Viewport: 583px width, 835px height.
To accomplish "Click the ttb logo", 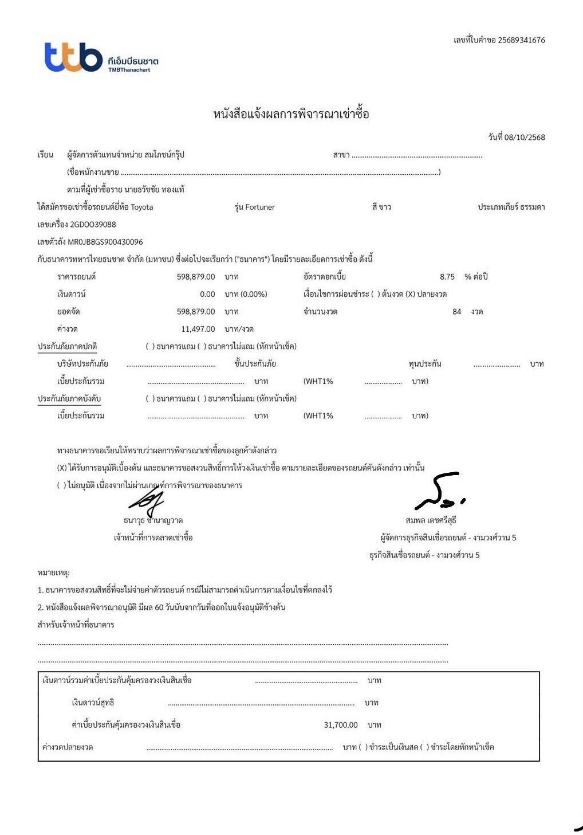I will pos(74,58).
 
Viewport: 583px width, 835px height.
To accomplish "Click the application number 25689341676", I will pos(521,40).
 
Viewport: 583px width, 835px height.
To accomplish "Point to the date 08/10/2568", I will pos(525,137).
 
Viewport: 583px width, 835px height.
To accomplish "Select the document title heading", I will pos(291,113).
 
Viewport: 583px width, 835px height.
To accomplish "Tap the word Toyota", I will pos(142,207).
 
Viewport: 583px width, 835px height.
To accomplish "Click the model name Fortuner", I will pos(260,207).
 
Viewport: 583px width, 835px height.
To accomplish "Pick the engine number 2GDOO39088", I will pos(93,224).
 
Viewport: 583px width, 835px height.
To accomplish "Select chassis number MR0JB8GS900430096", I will pos(105,242).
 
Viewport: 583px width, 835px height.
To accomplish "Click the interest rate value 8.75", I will pos(447,277).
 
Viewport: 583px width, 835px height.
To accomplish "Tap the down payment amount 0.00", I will pos(207,294).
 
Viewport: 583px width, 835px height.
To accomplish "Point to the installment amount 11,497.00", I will pos(198,329).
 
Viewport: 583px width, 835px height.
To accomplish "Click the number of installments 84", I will pos(456,312).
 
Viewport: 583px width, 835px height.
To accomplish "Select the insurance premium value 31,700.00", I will pos(341,725).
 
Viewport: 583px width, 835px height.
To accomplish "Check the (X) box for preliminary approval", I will pos(62,468).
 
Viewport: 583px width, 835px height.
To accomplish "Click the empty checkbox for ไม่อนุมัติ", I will pos(62,485).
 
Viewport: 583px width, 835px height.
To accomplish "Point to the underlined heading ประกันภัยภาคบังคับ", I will pos(69,398).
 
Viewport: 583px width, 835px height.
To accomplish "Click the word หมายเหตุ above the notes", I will pos(53,573).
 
